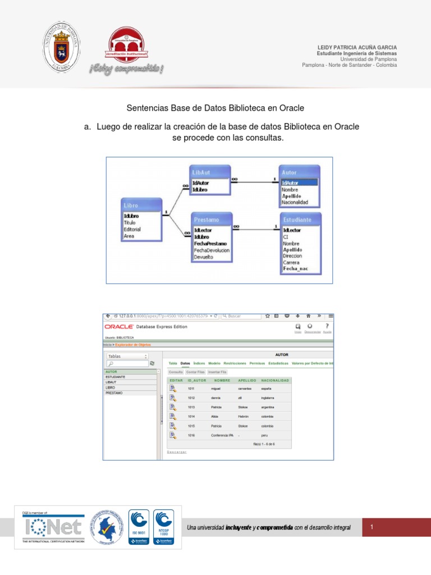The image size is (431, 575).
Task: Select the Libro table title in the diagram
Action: (x=131, y=206)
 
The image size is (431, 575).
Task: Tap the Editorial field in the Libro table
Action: (x=132, y=229)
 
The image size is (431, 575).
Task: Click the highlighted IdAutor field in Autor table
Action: (x=299, y=182)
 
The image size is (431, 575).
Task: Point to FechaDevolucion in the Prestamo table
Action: (x=211, y=250)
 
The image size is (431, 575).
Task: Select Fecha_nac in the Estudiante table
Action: (x=295, y=269)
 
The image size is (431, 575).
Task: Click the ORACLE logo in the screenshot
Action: (x=118, y=327)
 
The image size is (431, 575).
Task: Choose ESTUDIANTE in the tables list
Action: (x=116, y=377)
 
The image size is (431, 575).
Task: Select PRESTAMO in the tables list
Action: (x=114, y=393)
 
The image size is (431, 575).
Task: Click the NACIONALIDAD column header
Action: (x=275, y=380)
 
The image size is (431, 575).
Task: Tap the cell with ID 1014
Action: (x=191, y=417)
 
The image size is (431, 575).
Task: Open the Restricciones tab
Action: (x=235, y=363)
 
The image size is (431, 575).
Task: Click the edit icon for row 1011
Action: (x=173, y=388)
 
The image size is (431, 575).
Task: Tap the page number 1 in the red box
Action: (x=372, y=527)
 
